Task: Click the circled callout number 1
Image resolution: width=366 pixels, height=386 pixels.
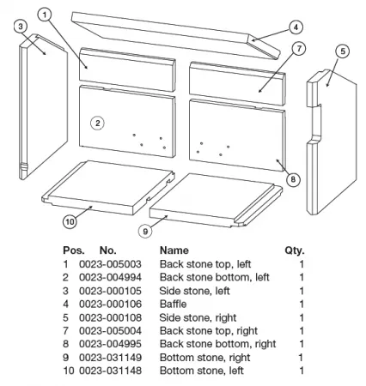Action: (45, 15)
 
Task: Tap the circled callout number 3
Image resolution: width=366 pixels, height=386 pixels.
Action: (21, 27)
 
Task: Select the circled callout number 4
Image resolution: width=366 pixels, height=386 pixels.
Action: (296, 27)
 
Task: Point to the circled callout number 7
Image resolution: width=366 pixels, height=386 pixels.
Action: (299, 49)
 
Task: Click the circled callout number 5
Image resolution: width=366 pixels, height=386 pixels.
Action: (343, 51)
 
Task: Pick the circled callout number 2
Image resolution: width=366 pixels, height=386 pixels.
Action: (97, 124)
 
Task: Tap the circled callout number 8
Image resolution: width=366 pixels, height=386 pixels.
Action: (293, 179)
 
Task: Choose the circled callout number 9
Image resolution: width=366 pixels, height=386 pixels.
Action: (145, 231)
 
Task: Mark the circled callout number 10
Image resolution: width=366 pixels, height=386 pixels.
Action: (70, 221)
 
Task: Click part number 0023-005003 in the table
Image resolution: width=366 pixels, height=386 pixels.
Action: (110, 264)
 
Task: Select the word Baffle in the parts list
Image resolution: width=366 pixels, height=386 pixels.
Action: (173, 304)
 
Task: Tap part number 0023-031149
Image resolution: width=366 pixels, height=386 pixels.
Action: (110, 357)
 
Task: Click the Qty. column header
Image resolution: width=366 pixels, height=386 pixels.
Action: (295, 250)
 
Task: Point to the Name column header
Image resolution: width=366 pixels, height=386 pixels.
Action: (174, 250)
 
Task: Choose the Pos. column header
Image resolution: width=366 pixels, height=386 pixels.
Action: (74, 250)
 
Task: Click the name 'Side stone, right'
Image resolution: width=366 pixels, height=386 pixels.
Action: (198, 317)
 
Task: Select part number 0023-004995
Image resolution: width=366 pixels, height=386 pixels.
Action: (110, 344)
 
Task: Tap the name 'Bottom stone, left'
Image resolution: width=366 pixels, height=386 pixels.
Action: (202, 371)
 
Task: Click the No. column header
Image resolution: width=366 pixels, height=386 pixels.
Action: (107, 250)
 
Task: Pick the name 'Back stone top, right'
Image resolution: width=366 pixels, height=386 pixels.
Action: (209, 331)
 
